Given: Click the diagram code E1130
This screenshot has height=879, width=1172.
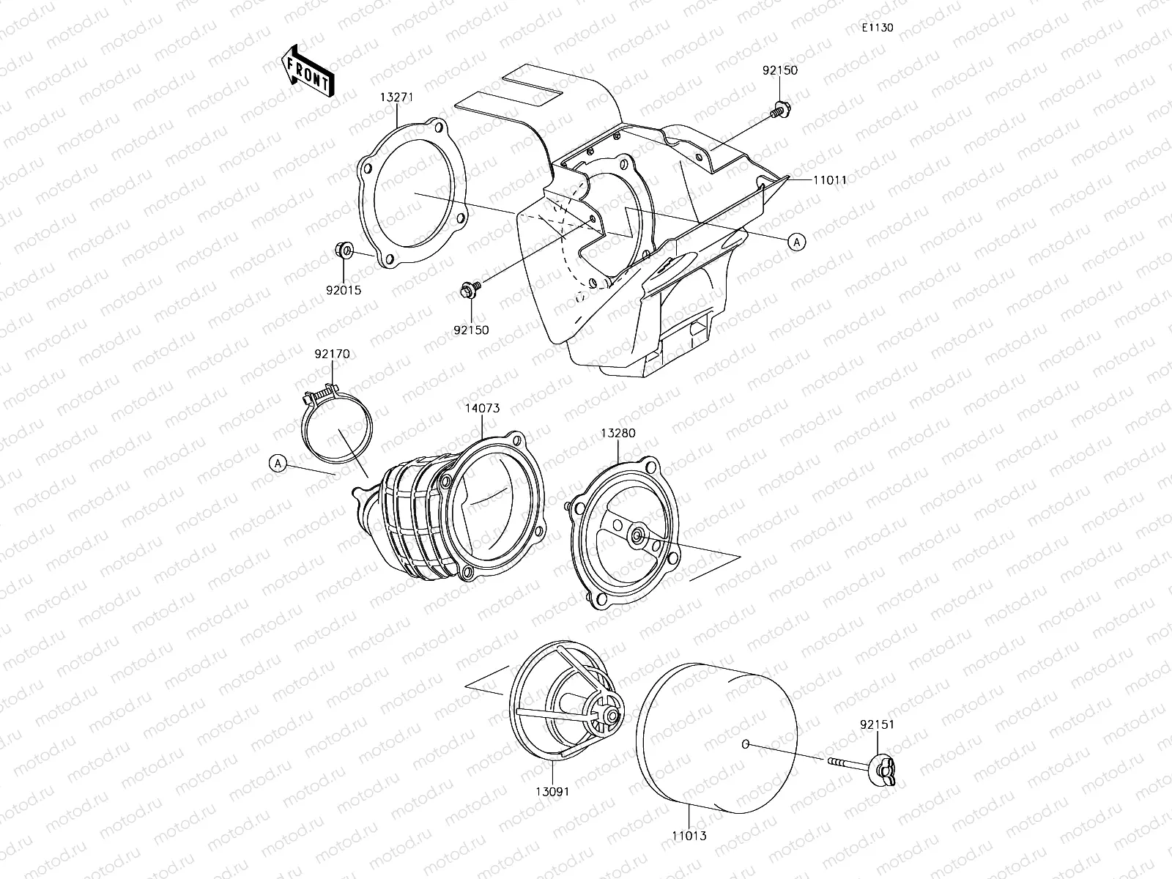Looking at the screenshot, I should point(877,28).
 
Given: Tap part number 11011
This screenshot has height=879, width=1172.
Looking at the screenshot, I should point(830,179).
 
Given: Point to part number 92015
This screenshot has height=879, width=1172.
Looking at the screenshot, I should point(344,290).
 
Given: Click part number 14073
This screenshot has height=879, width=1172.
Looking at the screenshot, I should point(482,408).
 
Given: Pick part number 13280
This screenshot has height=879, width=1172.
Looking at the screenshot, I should point(618,433).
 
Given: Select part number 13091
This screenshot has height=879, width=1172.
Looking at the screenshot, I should point(552,791).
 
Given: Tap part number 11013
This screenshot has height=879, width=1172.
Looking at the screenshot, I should point(689,835).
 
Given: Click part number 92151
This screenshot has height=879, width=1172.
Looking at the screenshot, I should point(877,725).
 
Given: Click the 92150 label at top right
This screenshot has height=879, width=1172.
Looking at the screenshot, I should point(780,71).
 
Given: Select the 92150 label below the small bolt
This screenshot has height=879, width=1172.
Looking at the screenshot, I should point(471,330).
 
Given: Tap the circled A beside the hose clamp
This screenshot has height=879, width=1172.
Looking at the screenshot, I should point(278,463).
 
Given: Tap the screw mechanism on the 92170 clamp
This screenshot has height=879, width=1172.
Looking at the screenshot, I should point(319,398).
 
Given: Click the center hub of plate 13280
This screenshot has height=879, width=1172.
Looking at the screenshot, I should point(639,536).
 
